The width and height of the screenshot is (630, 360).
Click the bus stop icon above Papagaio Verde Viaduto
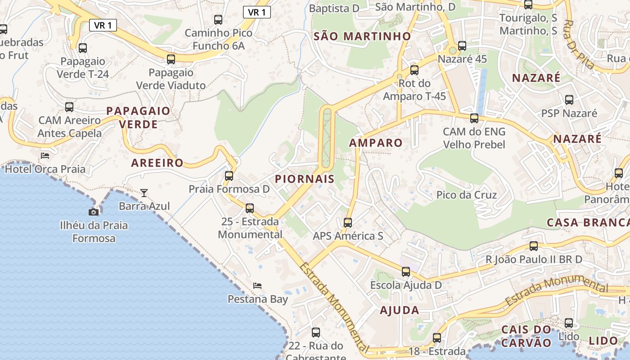point(171,59)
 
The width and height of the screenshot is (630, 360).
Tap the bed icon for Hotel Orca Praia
point(45,156)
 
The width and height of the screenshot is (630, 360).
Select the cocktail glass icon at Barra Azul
point(144,193)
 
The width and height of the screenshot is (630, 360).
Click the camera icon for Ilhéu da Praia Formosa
point(94,212)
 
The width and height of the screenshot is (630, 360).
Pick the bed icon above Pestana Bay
point(257,285)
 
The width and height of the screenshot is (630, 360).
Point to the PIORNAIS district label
point(305,179)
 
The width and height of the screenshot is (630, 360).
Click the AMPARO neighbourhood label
point(376,143)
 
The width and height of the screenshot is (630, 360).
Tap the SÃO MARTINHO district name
point(362,36)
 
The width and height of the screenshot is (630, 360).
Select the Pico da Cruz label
point(467,195)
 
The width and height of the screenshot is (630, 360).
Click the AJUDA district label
point(399,310)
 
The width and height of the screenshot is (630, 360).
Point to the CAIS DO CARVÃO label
point(526,336)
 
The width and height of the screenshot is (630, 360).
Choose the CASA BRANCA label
point(588,222)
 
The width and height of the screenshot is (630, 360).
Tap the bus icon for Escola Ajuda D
point(406,272)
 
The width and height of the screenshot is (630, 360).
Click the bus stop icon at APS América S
point(348,222)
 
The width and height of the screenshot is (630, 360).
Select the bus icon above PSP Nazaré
point(569,100)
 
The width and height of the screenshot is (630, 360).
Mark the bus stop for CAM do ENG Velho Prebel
point(474,118)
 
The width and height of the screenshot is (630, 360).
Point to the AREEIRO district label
point(157,163)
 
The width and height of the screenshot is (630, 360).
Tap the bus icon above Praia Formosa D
point(229,175)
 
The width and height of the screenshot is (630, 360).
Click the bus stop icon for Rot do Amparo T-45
point(414,70)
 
